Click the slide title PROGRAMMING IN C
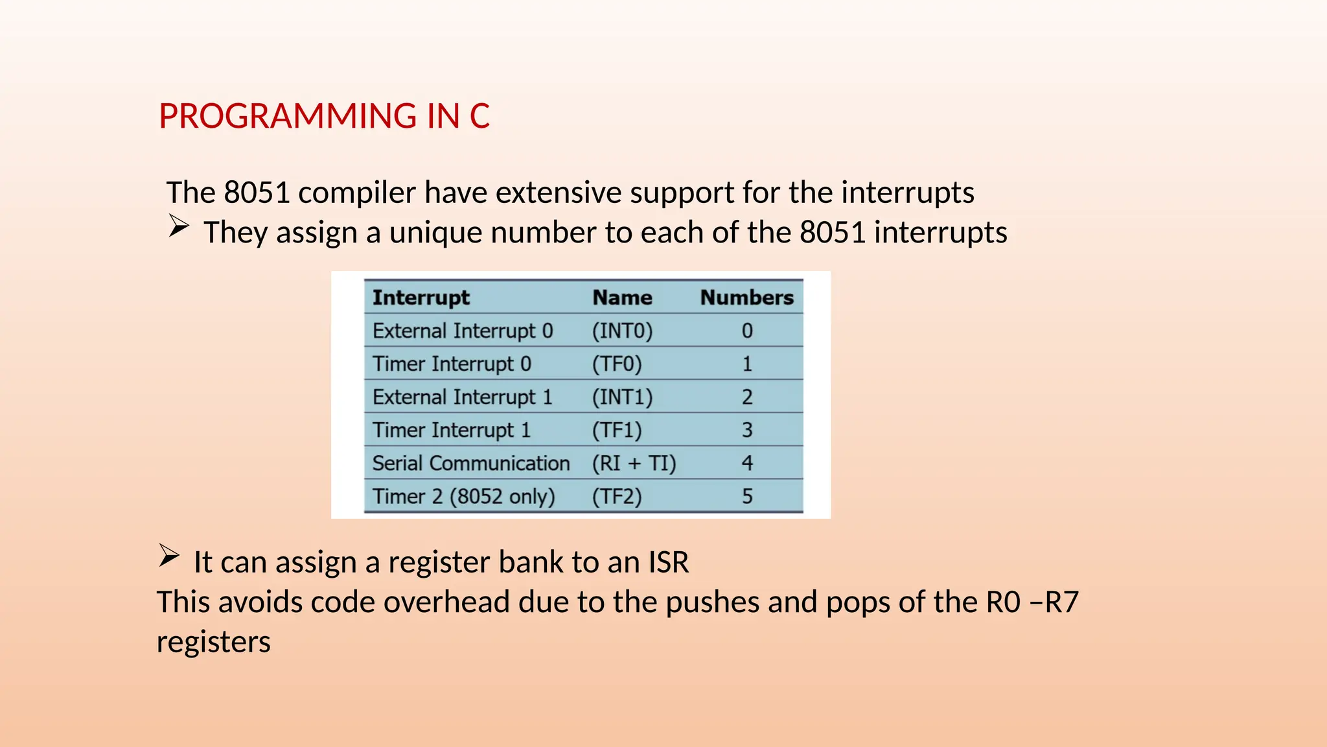pyautogui.click(x=324, y=116)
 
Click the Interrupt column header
pyautogui.click(x=421, y=298)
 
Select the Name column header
pyautogui.click(x=622, y=298)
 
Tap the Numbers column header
pyautogui.click(x=746, y=298)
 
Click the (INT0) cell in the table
pyautogui.click(x=622, y=331)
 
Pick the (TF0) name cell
pyautogui.click(x=616, y=364)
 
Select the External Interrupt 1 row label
pyautogui.click(x=462, y=397)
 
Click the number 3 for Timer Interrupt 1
pyautogui.click(x=747, y=430)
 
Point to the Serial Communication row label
pyautogui.click(x=470, y=463)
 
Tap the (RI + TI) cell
pyautogui.click(x=634, y=463)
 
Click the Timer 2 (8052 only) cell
pyautogui.click(x=463, y=497)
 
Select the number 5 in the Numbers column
pyautogui.click(x=747, y=497)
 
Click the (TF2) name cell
pyautogui.click(x=616, y=497)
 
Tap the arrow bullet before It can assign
pyautogui.click(x=168, y=556)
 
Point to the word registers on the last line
pyautogui.click(x=213, y=642)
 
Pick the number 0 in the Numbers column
pyautogui.click(x=747, y=331)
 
